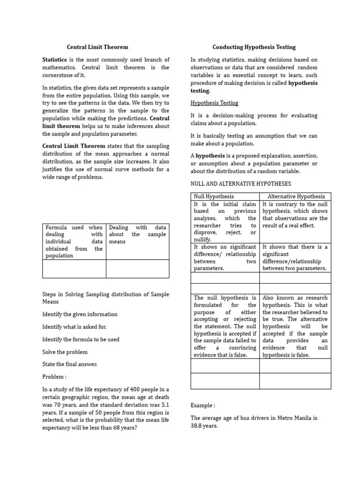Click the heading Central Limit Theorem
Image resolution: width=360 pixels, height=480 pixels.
click(97, 47)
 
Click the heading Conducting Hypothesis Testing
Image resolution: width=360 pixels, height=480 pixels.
click(254, 47)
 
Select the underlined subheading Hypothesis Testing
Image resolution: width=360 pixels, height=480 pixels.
click(214, 103)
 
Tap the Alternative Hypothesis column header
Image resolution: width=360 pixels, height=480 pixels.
click(296, 196)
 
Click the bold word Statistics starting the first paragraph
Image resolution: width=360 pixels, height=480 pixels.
click(55, 60)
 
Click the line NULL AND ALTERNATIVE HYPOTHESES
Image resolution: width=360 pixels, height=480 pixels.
click(240, 184)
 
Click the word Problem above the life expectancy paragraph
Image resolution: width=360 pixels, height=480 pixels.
click(54, 377)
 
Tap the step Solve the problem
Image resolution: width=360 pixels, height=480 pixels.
click(65, 352)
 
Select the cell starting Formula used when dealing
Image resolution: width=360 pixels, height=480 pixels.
click(74, 241)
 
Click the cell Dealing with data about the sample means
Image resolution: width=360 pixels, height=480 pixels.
click(137, 234)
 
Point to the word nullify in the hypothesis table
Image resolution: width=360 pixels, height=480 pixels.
click(202, 240)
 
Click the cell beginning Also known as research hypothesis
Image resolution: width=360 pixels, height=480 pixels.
click(295, 326)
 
